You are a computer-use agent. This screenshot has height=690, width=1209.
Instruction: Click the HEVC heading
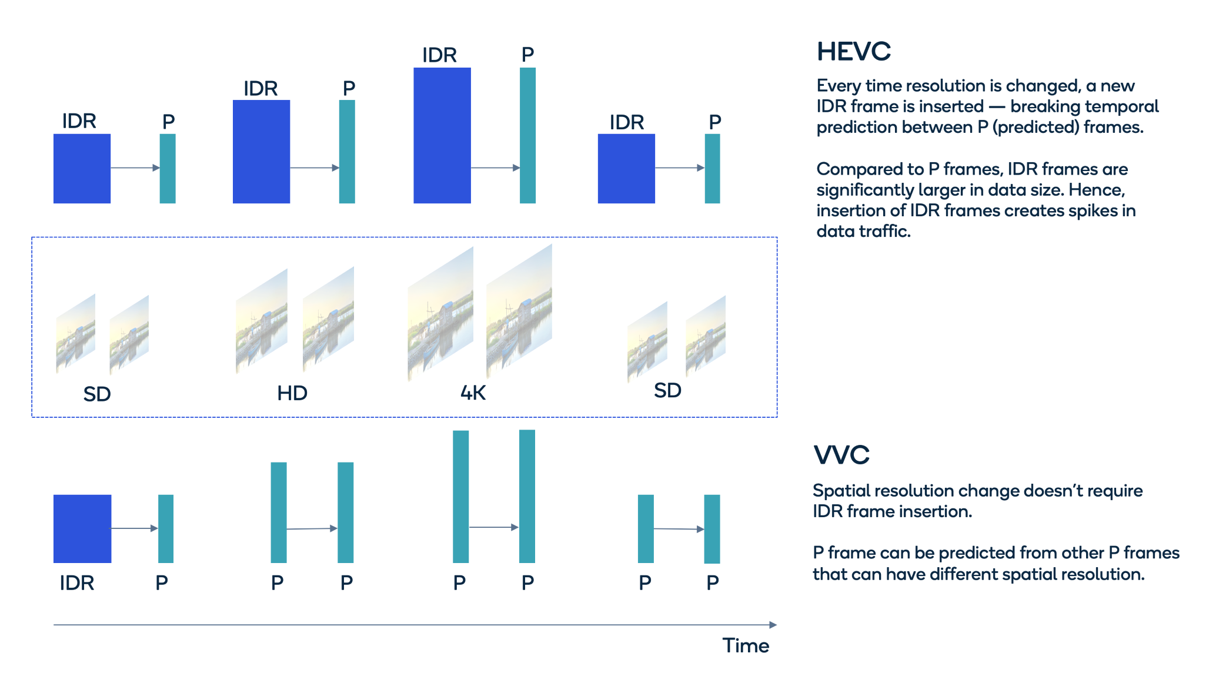[x=853, y=52]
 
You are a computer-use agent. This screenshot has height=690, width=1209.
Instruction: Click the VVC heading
[x=841, y=455]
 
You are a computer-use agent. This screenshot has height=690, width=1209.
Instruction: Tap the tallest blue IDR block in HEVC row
[x=442, y=135]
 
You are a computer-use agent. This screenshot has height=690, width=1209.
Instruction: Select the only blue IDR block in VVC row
[x=82, y=528]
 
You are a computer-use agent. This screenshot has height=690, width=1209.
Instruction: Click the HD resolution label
[x=292, y=393]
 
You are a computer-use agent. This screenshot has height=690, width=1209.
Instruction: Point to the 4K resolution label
[x=473, y=393]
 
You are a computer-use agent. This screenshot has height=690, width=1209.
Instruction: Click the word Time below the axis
[x=745, y=645]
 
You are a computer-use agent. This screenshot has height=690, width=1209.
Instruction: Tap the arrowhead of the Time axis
[x=773, y=625]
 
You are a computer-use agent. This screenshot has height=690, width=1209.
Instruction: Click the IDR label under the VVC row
[x=77, y=583]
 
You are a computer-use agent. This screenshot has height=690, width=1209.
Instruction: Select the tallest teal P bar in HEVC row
[x=527, y=135]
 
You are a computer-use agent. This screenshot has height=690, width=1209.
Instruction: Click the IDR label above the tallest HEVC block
[x=439, y=55]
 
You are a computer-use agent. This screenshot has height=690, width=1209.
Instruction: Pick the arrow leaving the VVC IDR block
[x=134, y=528]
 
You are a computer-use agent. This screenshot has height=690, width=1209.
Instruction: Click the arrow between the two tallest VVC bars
[x=493, y=527]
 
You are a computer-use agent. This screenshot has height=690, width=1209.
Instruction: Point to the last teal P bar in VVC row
[x=712, y=528]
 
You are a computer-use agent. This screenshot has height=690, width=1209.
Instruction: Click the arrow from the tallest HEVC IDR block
[x=495, y=168]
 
